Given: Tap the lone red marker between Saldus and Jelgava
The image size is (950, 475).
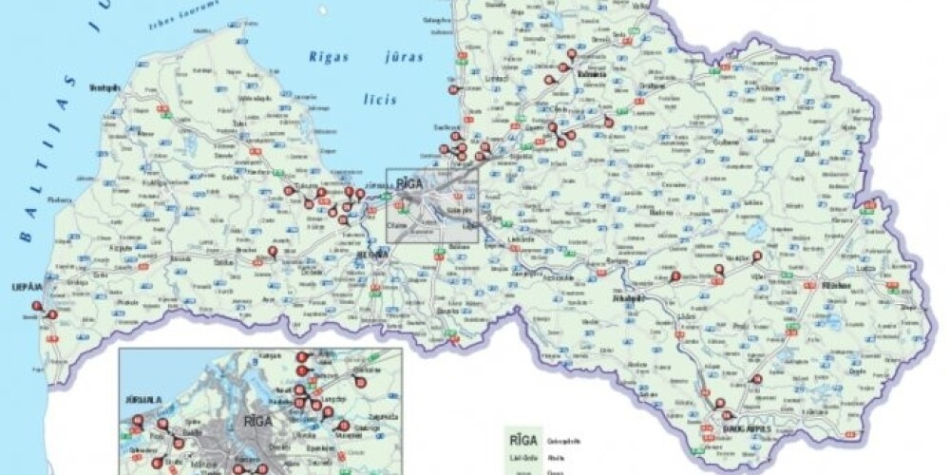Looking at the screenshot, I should tap(273, 251).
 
